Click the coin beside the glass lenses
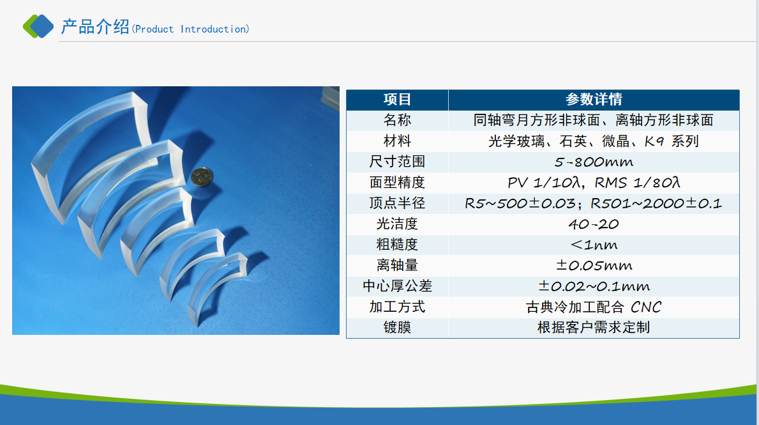(202, 177)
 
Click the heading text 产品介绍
(95, 27)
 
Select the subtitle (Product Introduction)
(191, 29)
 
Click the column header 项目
(397, 99)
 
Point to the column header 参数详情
(594, 99)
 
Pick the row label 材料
(397, 141)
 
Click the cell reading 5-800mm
(594, 162)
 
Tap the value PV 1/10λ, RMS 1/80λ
(594, 183)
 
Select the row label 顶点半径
(397, 203)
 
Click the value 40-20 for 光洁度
(594, 224)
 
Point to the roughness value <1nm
(594, 245)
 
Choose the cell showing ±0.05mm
(594, 266)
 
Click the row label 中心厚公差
(397, 286)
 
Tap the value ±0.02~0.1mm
(594, 286)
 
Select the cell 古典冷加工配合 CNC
(594, 307)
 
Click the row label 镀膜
(397, 328)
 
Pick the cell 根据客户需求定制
(594, 328)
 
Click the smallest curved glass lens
(208, 286)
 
